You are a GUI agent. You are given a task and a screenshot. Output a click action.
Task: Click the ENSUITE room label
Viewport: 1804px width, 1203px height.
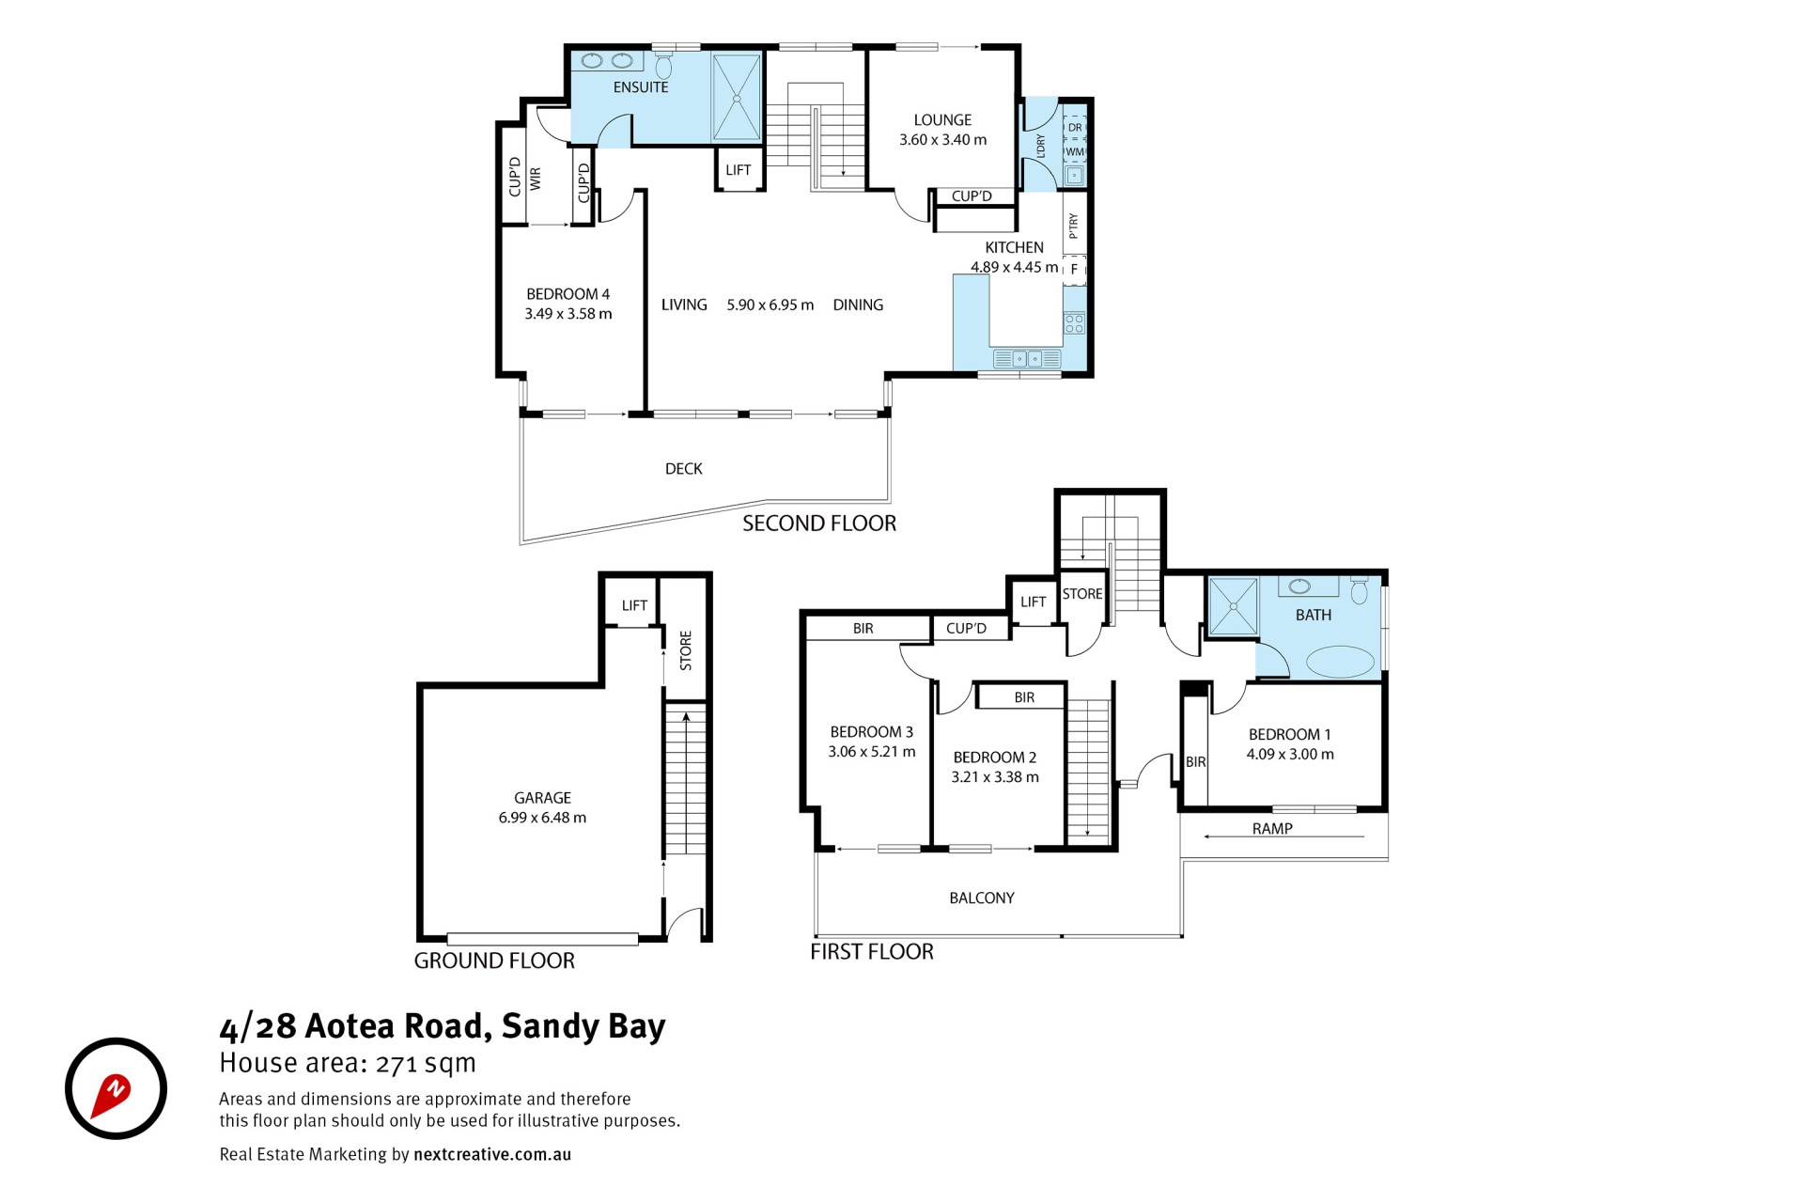tap(641, 87)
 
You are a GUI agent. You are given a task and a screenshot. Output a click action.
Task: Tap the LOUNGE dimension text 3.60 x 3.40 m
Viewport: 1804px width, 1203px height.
tap(942, 140)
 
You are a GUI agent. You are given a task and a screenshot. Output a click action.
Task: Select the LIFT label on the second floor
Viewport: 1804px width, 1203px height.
tap(739, 170)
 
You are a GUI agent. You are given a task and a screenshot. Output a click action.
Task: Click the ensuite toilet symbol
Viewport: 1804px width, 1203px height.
tap(663, 66)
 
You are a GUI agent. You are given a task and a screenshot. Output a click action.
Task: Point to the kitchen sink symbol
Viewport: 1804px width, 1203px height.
tap(1026, 358)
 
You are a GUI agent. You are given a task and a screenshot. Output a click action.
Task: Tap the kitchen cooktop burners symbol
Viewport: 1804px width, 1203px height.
tap(1074, 323)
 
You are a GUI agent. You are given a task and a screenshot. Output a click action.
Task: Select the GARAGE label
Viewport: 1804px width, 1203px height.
tap(542, 798)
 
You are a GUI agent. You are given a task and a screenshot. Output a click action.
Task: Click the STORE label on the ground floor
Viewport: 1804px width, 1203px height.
tap(686, 650)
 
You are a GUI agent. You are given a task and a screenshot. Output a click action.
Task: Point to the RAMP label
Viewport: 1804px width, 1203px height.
tap(1272, 828)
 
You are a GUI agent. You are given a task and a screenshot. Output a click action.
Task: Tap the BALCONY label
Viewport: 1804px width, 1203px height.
tap(982, 898)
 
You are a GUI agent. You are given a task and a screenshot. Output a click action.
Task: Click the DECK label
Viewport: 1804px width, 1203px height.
tap(684, 469)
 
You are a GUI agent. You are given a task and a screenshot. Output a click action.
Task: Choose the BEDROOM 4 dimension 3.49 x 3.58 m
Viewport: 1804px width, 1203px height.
tap(568, 314)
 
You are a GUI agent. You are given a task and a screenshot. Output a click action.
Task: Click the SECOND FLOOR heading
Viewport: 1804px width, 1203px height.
tap(819, 523)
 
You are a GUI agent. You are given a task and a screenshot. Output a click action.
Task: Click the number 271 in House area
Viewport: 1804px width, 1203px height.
tap(397, 1064)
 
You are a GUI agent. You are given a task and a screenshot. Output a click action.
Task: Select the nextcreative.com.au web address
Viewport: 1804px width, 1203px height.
tap(492, 1154)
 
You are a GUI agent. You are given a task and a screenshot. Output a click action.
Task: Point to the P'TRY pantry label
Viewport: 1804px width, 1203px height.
tap(1074, 226)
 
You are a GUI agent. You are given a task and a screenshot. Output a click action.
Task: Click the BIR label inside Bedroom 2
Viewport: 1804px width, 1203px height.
tap(1024, 697)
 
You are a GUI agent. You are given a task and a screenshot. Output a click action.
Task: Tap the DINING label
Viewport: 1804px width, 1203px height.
tap(858, 305)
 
